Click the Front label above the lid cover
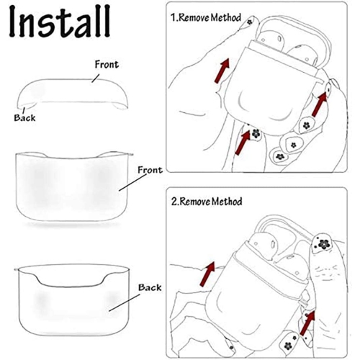pos(107,64)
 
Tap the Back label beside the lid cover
pos(24,117)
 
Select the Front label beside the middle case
pos(150,169)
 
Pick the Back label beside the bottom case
pos(150,287)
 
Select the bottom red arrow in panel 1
pos(242,143)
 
